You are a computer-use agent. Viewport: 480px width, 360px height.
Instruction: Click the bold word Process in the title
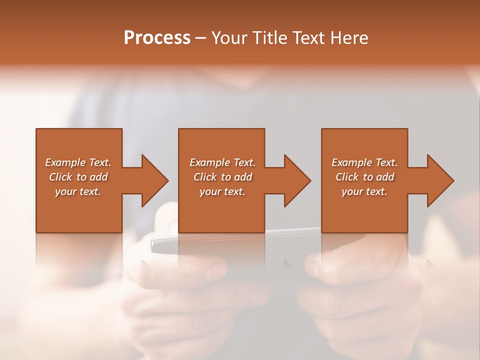click(x=157, y=38)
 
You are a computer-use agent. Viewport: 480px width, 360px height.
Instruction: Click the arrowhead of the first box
click(x=154, y=180)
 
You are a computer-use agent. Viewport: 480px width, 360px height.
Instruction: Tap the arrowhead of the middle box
click(x=296, y=180)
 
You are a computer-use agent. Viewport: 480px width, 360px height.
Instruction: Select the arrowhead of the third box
click(x=439, y=180)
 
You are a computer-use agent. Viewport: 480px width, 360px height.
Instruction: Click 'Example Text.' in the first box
click(x=78, y=162)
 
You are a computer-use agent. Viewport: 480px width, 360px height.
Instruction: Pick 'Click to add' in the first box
click(x=78, y=177)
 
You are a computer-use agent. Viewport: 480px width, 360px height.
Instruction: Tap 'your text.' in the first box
click(x=78, y=191)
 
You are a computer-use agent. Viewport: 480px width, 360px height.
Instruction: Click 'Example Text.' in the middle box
click(x=222, y=162)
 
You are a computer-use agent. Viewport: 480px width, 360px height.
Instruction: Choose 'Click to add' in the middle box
click(x=222, y=177)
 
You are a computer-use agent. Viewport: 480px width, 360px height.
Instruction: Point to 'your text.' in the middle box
click(x=222, y=191)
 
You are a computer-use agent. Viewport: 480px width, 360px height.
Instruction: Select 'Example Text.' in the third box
click(x=364, y=162)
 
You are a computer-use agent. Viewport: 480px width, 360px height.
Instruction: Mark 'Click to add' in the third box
click(x=364, y=177)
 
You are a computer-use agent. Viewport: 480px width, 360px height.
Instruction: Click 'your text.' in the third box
click(x=364, y=191)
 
